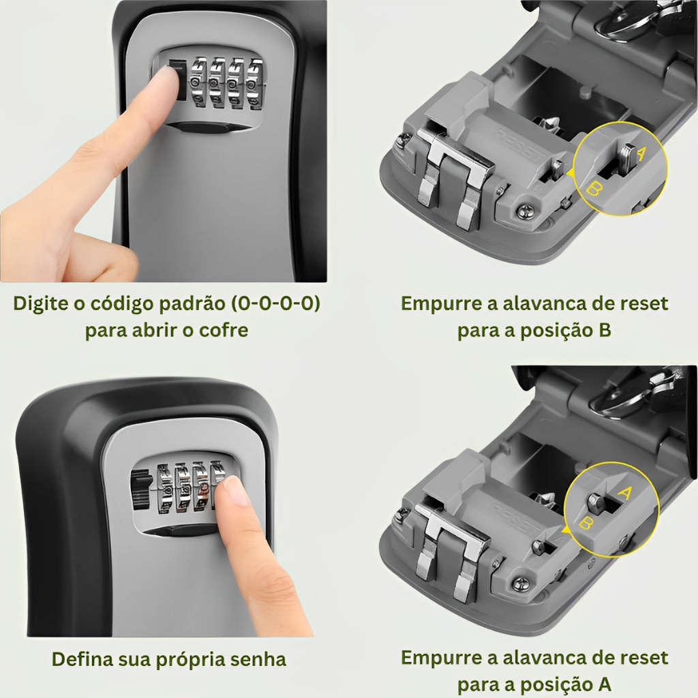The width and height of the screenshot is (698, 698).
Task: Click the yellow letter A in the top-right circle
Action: (x=641, y=153)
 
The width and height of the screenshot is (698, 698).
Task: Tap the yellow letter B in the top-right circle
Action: (x=594, y=188)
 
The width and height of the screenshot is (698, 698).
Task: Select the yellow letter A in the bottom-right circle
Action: (x=625, y=492)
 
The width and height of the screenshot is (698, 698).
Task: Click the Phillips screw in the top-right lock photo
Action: (x=526, y=211)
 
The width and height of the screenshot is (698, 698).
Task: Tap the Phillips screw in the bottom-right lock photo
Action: (x=521, y=583)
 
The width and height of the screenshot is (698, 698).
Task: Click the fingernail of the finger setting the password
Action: (x=237, y=490)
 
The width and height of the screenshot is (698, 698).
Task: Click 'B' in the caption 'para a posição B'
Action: (x=605, y=331)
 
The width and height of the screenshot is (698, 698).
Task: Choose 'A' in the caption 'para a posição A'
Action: (x=605, y=684)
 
